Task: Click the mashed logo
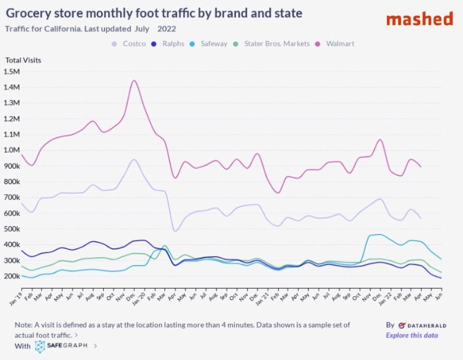[419, 19]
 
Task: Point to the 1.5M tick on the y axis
[12, 72]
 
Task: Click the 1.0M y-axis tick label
[12, 150]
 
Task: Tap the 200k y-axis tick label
[12, 276]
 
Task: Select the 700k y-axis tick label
[12, 198]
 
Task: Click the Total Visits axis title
[23, 60]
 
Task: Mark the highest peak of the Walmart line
[134, 80]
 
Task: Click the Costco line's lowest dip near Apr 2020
[175, 230]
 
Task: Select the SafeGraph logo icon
[40, 346]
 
